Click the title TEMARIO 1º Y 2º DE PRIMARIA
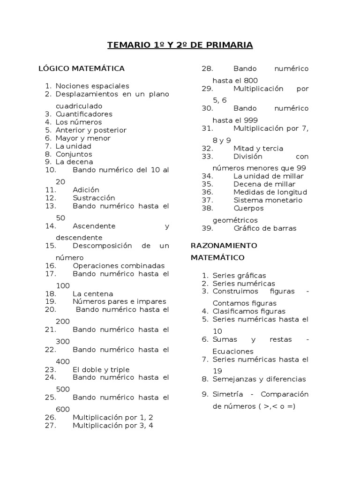pos(180,45)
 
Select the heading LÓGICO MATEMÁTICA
pos(82,69)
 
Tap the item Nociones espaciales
pos(92,86)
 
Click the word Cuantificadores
pos(84,114)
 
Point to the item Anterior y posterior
pos(91,130)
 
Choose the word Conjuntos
pos(74,154)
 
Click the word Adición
pos(86,190)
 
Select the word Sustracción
pos(94,198)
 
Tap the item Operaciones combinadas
pos(119,266)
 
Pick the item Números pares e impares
pos(120,301)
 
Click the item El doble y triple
pos(101,369)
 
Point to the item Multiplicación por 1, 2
pos(113,417)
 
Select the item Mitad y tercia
pos(258,148)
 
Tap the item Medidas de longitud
pos(270,192)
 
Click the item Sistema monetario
pos(268,200)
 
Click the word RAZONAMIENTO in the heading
pos(224,246)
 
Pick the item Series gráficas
pos(239,276)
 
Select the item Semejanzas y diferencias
pos(259,379)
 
